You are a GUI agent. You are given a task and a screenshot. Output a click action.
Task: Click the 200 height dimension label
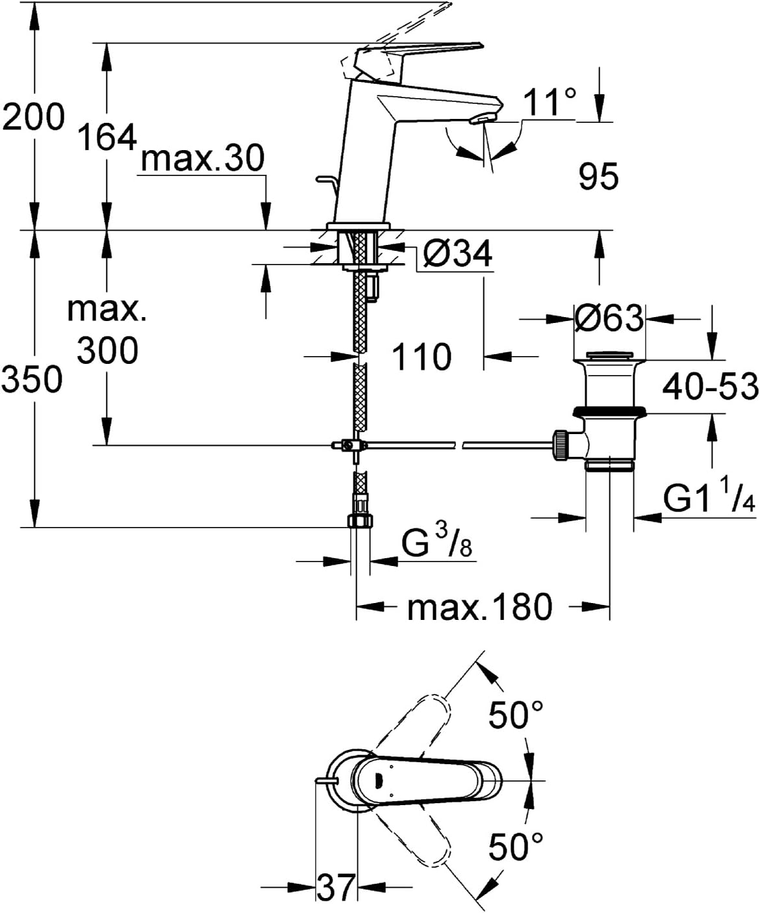coord(33,117)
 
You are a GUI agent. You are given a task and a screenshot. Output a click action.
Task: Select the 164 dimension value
coord(107,137)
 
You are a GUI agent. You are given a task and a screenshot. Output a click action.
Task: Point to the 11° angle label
coord(550,102)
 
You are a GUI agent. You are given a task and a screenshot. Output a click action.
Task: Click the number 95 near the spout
coord(599,176)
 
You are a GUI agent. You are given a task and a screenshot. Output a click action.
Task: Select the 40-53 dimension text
coord(710,387)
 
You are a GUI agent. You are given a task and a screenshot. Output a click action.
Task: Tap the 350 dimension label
coord(31,379)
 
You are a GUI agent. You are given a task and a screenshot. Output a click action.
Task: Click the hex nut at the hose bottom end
coord(360,521)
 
